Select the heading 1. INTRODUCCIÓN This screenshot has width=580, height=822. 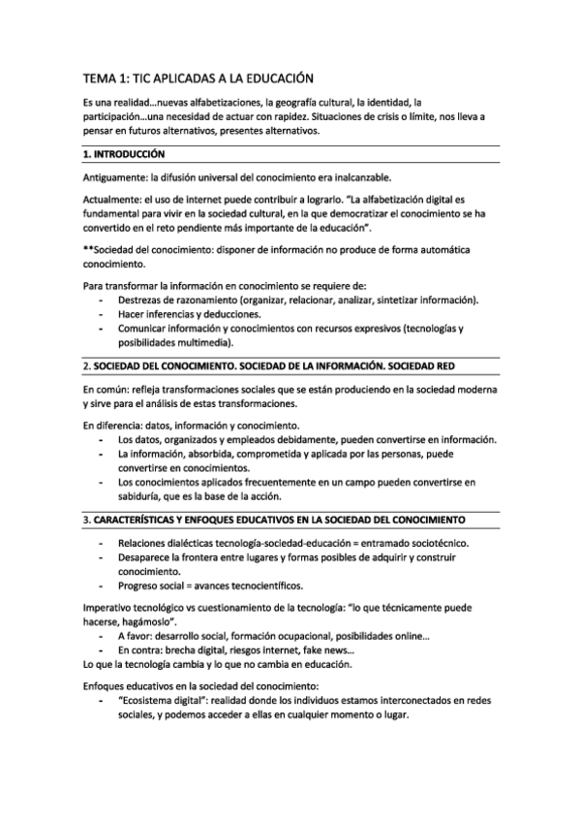(x=124, y=154)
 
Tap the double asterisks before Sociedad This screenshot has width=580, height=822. (x=88, y=250)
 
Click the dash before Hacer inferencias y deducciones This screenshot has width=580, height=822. (x=102, y=315)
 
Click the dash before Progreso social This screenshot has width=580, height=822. (x=102, y=585)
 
